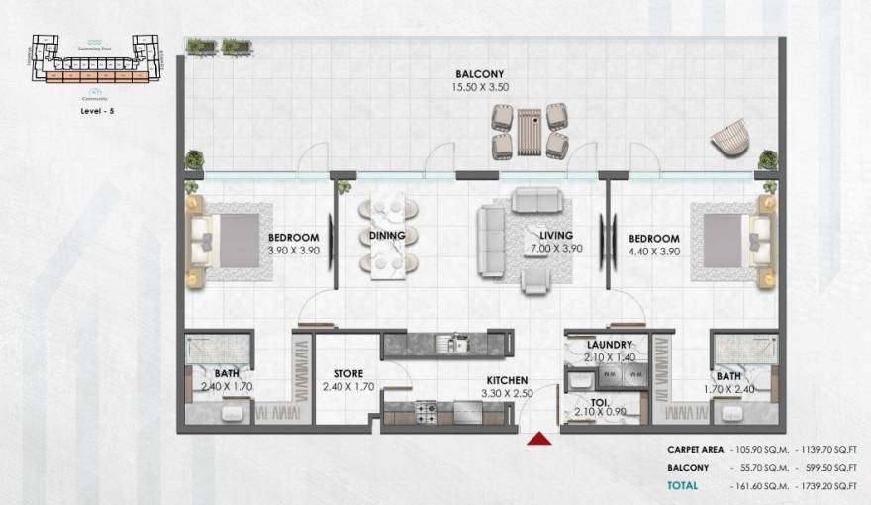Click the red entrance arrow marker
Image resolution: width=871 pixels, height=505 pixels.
point(539,438)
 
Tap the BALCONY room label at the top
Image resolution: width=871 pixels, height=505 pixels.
point(480,74)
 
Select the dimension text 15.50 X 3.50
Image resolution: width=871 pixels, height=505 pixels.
point(480,87)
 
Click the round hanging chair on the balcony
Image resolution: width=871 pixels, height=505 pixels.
point(730,137)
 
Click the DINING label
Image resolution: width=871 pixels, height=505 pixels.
point(387,235)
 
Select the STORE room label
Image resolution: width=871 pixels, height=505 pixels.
point(347,373)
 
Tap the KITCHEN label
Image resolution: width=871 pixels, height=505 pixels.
point(506,380)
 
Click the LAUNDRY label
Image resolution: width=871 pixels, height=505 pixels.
point(609,345)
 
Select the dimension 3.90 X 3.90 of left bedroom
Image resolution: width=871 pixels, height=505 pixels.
point(294,251)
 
